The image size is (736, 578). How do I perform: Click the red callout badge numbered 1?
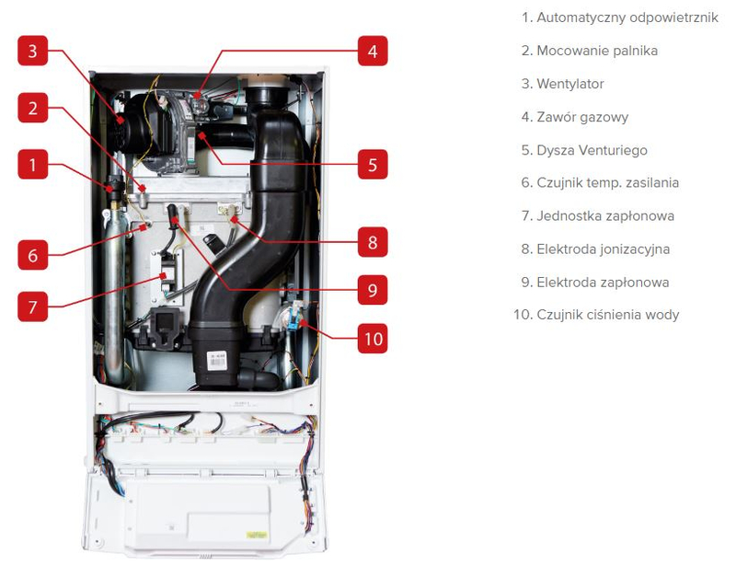[x=32, y=166]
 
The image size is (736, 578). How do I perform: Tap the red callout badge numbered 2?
[x=32, y=109]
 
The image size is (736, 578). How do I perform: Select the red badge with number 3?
[x=32, y=51]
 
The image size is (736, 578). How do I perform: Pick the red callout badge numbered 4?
[x=372, y=51]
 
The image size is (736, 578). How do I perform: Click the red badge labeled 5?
[x=372, y=166]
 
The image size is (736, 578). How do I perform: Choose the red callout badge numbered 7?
[x=32, y=306]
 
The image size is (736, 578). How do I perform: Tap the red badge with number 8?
[x=372, y=243]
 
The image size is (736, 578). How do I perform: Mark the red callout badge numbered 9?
[x=372, y=290]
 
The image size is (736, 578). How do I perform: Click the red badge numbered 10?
[x=372, y=338]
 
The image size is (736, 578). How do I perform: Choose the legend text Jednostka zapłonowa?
[x=597, y=216]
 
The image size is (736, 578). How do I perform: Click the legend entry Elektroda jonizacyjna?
[x=595, y=249]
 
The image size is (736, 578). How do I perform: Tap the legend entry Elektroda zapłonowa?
[x=595, y=283]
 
